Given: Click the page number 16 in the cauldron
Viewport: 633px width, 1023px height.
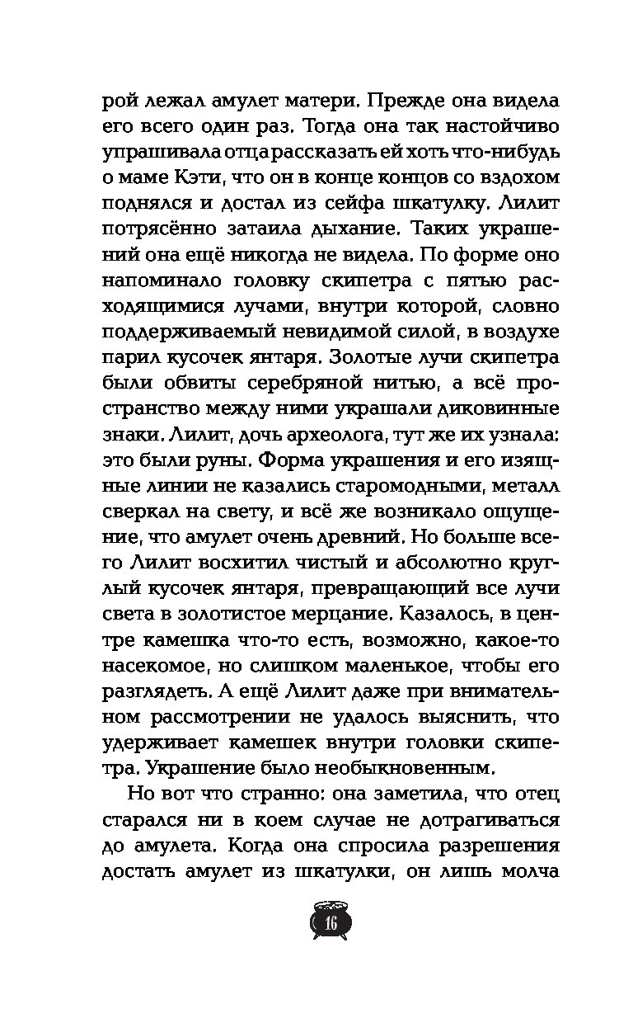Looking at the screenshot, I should (332, 922).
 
